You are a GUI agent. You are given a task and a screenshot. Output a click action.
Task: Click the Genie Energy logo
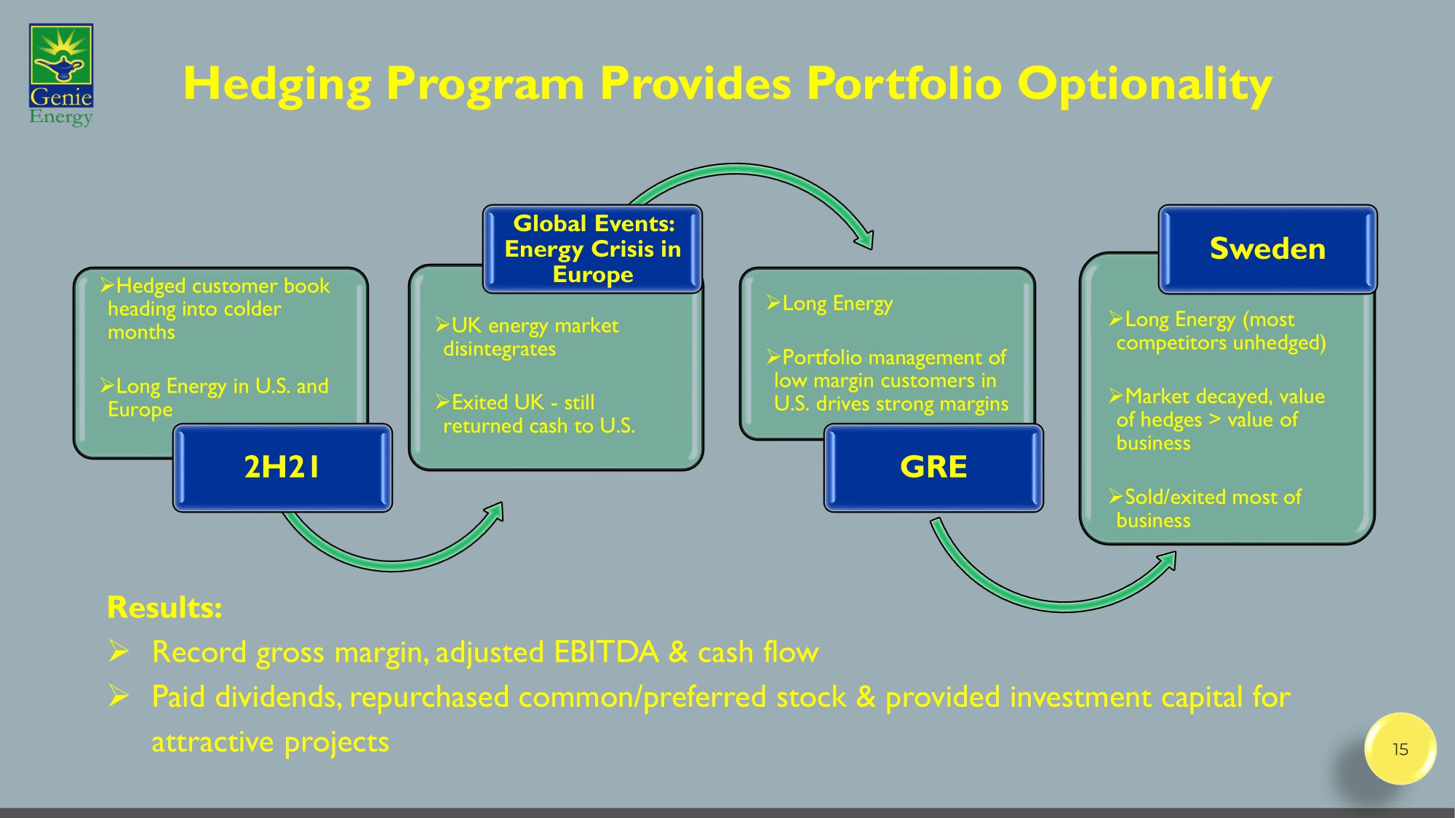pyautogui.click(x=61, y=75)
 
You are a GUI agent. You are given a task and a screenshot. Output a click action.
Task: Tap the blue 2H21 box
pyautogui.click(x=282, y=468)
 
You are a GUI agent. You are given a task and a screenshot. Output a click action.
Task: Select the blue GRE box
pyautogui.click(x=933, y=468)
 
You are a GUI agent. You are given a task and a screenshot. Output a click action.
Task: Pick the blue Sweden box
pyautogui.click(x=1267, y=249)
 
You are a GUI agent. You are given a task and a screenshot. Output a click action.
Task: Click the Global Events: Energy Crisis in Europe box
pyautogui.click(x=592, y=249)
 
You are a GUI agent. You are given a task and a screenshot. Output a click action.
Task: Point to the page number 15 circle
pyautogui.click(x=1400, y=749)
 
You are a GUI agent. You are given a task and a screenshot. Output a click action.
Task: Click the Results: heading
pyautogui.click(x=164, y=608)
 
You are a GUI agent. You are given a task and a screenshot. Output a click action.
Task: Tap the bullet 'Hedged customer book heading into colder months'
pyautogui.click(x=218, y=309)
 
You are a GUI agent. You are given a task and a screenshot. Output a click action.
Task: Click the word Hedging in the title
pyautogui.click(x=276, y=84)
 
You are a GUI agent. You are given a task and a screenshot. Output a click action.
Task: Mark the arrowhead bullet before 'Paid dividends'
pyautogui.click(x=119, y=697)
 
